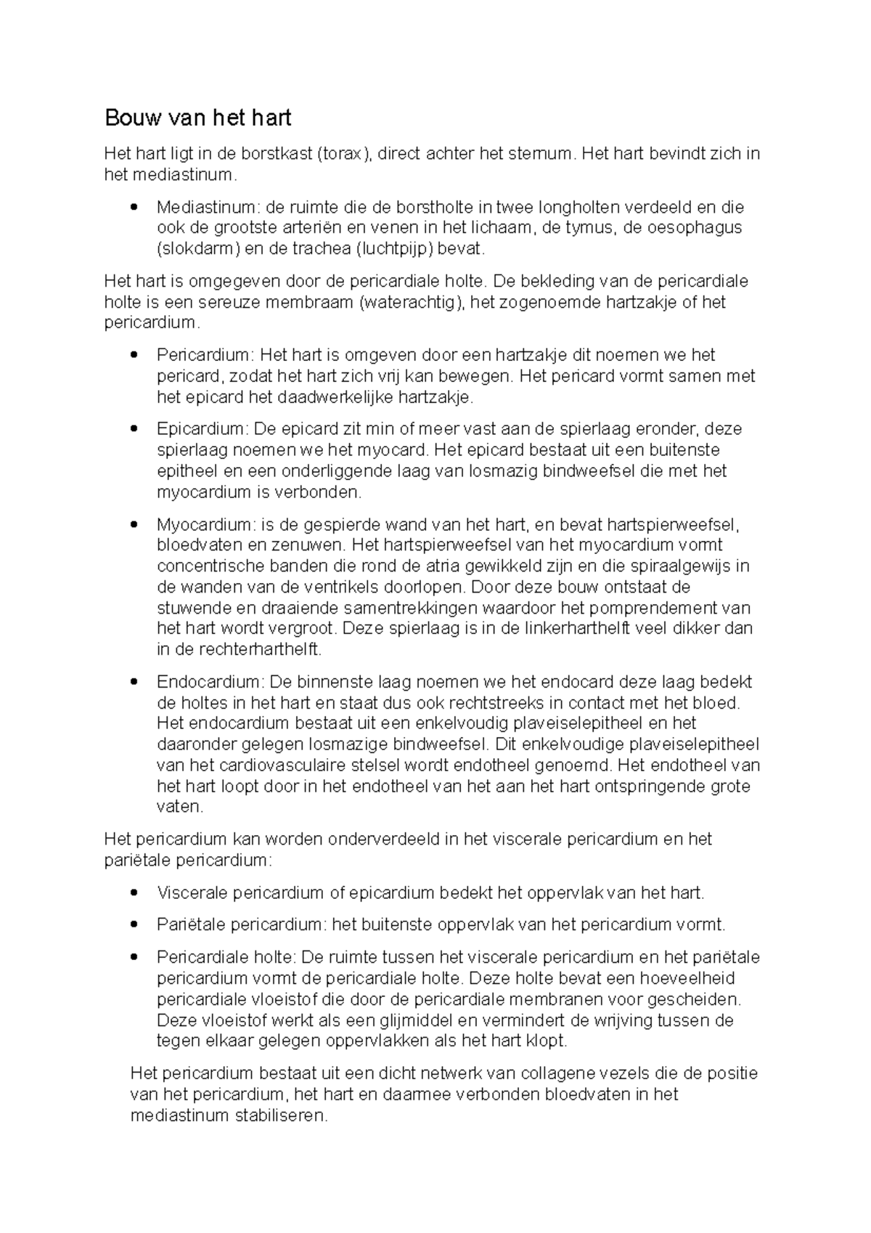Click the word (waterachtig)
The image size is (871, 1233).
[412, 302]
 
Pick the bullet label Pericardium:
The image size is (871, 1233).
[205, 355]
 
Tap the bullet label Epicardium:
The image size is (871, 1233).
[203, 428]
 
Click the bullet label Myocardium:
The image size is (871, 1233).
[206, 524]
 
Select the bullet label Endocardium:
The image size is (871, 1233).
[210, 682]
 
